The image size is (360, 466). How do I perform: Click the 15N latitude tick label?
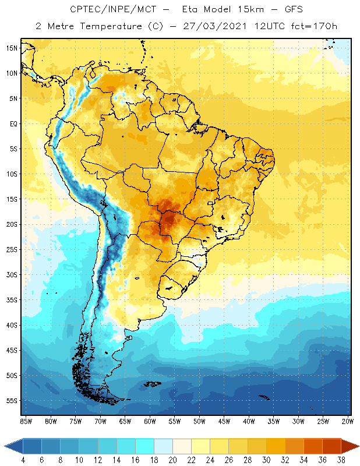pos(11,48)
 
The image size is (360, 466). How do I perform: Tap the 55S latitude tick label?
pos(11,401)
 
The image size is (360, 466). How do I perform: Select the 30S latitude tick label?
pos(11,275)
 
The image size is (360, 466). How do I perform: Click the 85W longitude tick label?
pos(26,421)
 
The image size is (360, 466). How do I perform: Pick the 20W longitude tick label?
pos(348,421)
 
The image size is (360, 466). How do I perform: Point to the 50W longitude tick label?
pos(199,421)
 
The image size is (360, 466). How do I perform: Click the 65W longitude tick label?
pos(125,421)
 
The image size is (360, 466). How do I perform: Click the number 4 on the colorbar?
pos(22,460)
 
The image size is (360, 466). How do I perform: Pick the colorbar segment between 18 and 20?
pos(163,446)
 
